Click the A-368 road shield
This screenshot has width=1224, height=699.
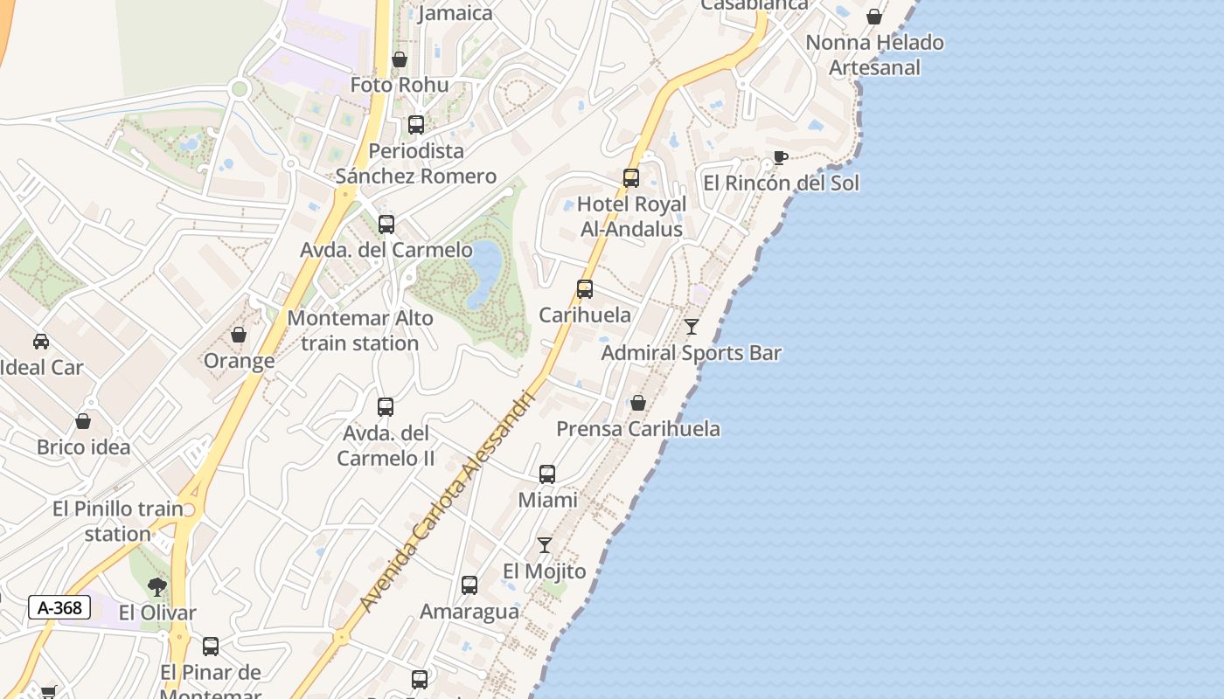[59, 607]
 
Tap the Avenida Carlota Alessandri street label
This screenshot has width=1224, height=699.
[447, 501]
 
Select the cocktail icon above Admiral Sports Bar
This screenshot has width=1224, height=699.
[692, 327]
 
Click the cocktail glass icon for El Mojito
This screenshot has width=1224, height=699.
[545, 545]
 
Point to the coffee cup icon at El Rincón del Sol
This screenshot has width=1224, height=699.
[780, 158]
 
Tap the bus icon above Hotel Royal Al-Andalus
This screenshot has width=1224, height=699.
[631, 178]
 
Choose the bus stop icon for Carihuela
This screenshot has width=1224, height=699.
[585, 289]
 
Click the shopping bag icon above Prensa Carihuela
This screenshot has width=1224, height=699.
[638, 403]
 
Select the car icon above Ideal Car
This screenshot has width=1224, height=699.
[41, 341]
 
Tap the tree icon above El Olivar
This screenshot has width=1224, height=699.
[157, 586]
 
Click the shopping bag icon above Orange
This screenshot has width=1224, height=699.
[239, 335]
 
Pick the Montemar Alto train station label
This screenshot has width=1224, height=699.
[360, 330]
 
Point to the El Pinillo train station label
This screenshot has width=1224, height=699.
[118, 521]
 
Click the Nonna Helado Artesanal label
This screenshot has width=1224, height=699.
[874, 54]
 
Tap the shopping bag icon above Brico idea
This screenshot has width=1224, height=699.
[83, 421]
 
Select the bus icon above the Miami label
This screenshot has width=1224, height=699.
[547, 474]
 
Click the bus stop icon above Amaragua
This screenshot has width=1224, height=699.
[469, 585]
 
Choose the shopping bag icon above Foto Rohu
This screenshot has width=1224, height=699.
[400, 59]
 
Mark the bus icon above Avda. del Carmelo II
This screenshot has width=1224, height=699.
[386, 407]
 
